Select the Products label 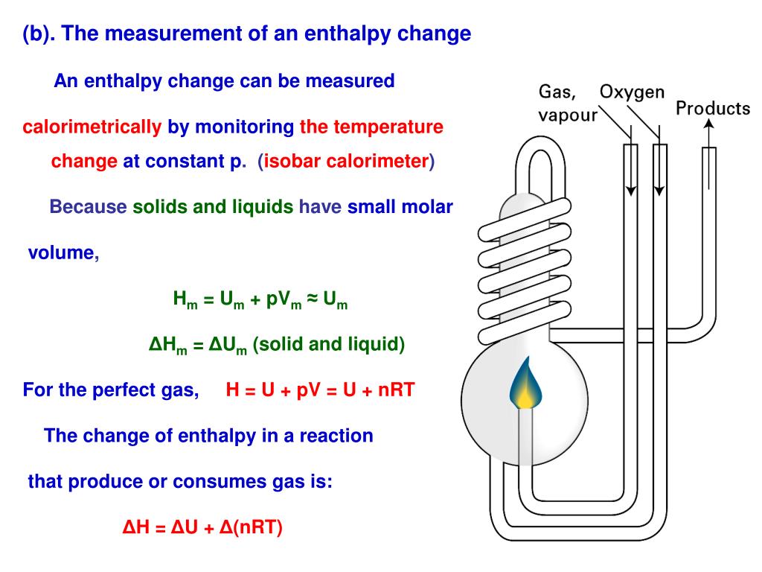(713, 109)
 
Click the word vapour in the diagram (568, 116)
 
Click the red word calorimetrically (92, 127)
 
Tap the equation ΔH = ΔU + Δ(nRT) (203, 527)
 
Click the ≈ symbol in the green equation (312, 299)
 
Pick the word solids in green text (160, 207)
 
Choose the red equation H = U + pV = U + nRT (320, 390)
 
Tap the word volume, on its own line (63, 252)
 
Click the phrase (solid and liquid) (329, 345)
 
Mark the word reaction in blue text (336, 436)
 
